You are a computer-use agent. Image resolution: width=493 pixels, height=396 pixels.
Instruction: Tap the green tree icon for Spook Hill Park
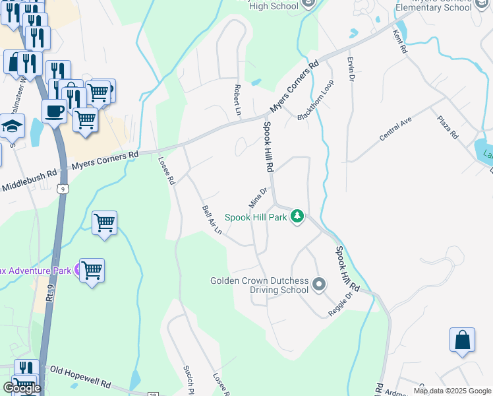[297, 216]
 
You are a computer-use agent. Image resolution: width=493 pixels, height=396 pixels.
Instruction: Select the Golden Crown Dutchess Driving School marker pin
[319, 285]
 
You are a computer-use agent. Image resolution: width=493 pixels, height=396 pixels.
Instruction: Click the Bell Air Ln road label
[211, 220]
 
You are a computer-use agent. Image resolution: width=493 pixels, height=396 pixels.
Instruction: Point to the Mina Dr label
[258, 196]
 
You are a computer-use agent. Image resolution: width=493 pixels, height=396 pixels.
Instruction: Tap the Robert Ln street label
[236, 97]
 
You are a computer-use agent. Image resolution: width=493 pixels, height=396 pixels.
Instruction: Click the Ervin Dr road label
[351, 69]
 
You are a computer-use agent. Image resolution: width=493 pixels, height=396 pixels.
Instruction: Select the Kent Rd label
[400, 42]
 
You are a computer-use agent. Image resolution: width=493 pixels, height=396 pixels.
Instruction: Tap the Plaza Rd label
[448, 126]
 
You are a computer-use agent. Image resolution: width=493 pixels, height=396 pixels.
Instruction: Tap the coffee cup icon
[53, 111]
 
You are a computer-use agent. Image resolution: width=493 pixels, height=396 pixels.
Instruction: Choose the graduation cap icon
[12, 125]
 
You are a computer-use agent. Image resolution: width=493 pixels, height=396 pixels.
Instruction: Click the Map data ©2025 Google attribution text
[452, 391]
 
